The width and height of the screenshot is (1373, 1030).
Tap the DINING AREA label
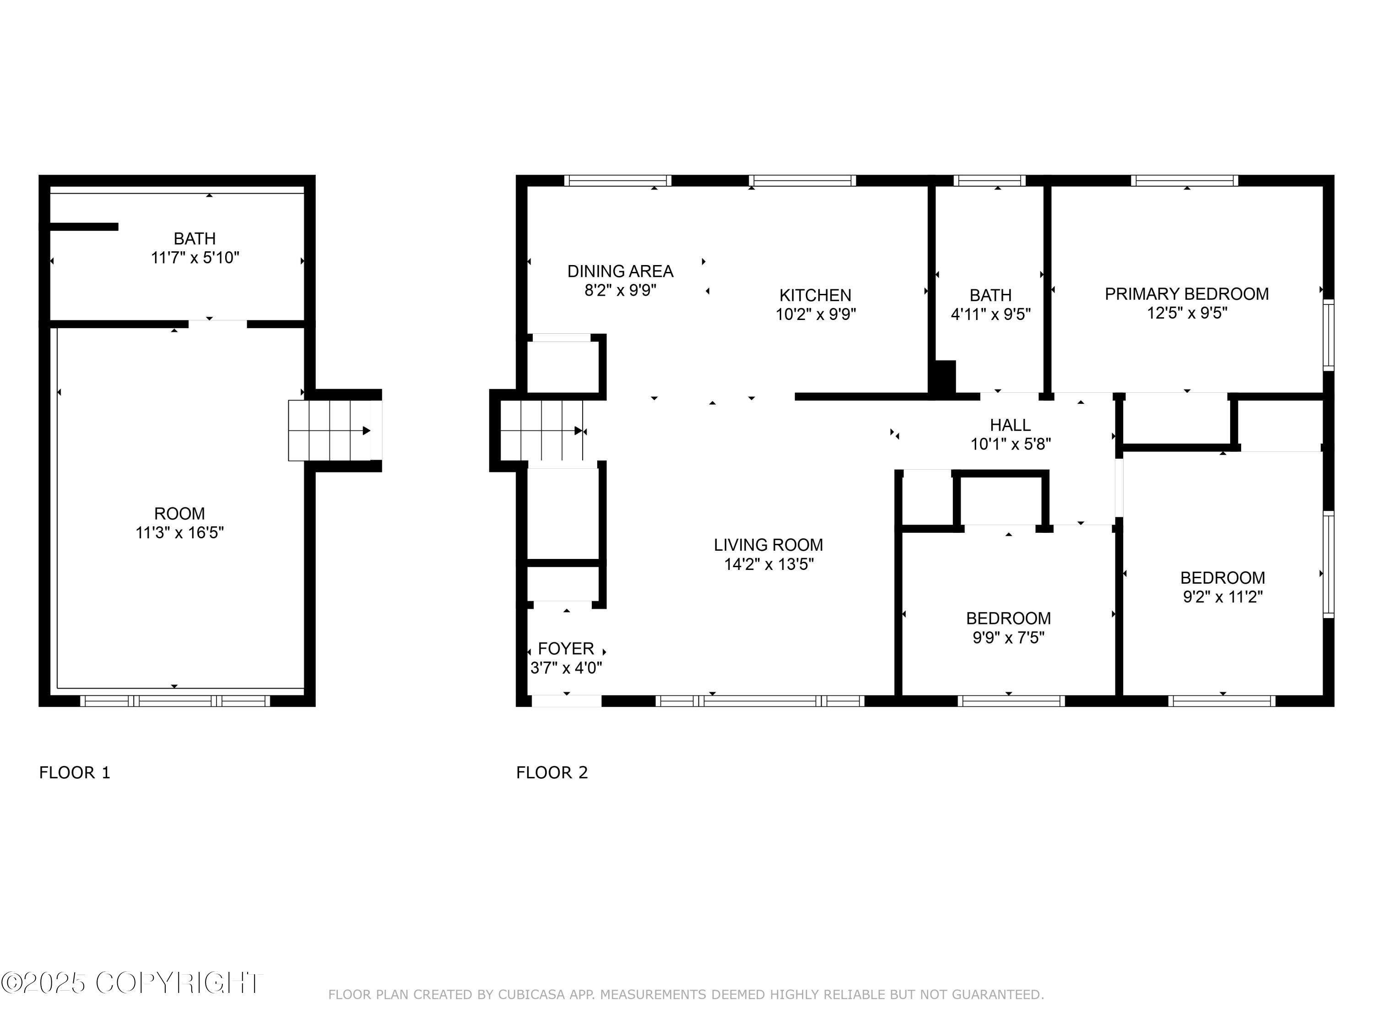pyautogui.click(x=620, y=271)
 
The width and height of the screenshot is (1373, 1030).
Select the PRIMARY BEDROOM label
pyautogui.click(x=1186, y=294)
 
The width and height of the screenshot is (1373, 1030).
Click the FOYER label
pyautogui.click(x=566, y=648)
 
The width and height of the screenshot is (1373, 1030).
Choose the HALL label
pyautogui.click(x=1010, y=425)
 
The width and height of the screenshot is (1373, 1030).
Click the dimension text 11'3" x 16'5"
pyautogui.click(x=179, y=533)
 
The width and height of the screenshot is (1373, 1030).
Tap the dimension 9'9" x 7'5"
pyautogui.click(x=1008, y=638)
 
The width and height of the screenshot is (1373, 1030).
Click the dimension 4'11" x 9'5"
pyautogui.click(x=990, y=314)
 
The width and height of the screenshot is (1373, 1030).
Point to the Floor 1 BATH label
pyautogui.click(x=195, y=239)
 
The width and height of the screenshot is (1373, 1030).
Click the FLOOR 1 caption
pyautogui.click(x=75, y=772)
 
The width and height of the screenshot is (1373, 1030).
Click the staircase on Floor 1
pyautogui.click(x=330, y=430)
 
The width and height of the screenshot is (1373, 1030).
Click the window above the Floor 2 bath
pyautogui.click(x=989, y=181)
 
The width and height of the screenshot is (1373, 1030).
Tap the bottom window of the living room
pyautogui.click(x=760, y=701)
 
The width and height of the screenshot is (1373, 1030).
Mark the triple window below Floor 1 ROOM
pyautogui.click(x=175, y=701)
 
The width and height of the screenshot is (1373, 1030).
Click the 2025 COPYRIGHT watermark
pyautogui.click(x=132, y=983)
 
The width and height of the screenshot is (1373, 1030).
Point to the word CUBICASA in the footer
pyautogui.click(x=532, y=995)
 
